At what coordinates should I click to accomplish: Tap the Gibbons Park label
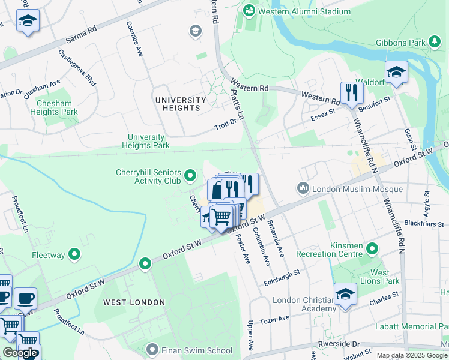[400, 43]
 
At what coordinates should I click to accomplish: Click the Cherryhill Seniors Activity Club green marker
[190, 176]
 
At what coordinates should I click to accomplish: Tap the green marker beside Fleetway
[75, 255]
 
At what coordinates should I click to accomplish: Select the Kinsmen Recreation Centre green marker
[372, 248]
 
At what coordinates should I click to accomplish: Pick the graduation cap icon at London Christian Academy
[345, 295]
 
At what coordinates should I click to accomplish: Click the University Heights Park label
[146, 141]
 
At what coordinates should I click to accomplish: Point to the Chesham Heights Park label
[53, 107]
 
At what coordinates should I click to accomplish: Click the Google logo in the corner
[20, 352]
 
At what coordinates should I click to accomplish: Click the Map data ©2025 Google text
[411, 355]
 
